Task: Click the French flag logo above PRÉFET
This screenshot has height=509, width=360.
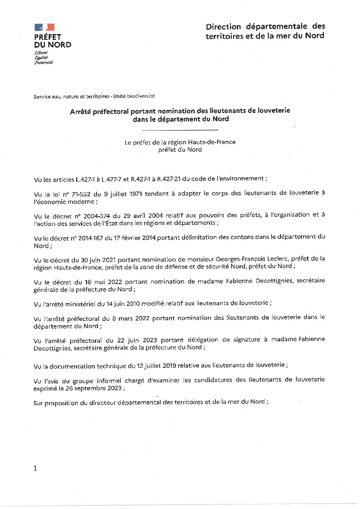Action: pyautogui.click(x=44, y=27)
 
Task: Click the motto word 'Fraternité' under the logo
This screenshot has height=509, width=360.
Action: pyautogui.click(x=44, y=63)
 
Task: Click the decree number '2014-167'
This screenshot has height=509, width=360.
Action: pyautogui.click(x=91, y=238)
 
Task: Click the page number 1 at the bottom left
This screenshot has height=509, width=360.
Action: pyautogui.click(x=35, y=468)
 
